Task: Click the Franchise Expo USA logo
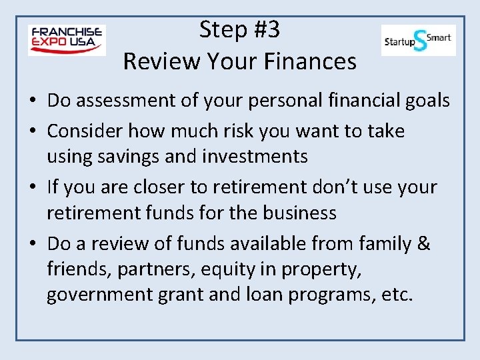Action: point(67,40)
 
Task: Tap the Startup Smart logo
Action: point(418,40)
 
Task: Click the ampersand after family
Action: point(423,243)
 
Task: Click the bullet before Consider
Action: point(32,131)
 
